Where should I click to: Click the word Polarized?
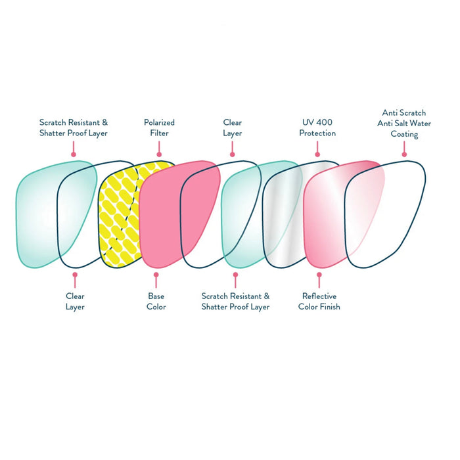[x=159, y=122]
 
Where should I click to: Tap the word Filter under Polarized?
[x=159, y=133]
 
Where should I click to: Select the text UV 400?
[x=317, y=122]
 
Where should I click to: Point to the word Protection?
[x=317, y=133]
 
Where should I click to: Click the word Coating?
[x=404, y=134]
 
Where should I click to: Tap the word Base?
[x=156, y=296]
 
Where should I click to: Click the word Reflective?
[x=319, y=296]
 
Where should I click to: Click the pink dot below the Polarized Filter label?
[x=159, y=156]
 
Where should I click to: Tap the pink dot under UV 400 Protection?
[x=317, y=156]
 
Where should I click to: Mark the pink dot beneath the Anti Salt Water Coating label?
[x=404, y=156]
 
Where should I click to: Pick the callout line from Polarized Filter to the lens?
[x=159, y=148]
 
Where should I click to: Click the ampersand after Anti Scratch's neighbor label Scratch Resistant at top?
[x=105, y=122]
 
